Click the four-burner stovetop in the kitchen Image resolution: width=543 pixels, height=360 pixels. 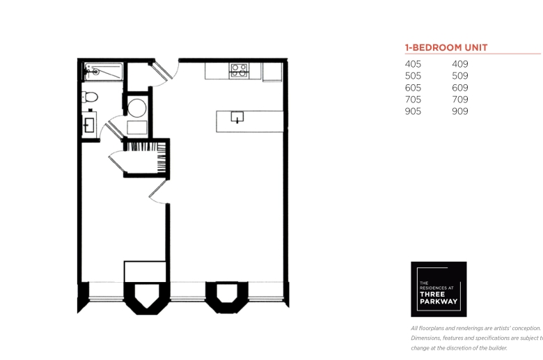tap(239, 70)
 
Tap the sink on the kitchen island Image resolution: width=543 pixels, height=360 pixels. tap(237, 117)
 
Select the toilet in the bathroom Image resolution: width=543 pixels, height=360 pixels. tap(90, 97)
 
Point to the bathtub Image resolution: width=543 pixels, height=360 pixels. tap(104, 72)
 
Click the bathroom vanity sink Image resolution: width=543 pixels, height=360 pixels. tap(89, 125)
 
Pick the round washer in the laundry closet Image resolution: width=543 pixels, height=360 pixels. tap(137, 108)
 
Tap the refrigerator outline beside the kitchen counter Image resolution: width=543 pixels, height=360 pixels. tap(272, 72)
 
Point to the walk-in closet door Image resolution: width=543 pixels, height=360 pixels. tap(116, 162)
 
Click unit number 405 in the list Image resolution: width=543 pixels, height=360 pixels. tap(413, 64)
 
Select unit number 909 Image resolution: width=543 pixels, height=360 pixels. tap(460, 111)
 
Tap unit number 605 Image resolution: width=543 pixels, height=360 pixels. tap(413, 88)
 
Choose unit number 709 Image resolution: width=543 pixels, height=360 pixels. tap(460, 100)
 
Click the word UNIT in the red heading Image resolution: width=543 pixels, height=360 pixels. tap(475, 47)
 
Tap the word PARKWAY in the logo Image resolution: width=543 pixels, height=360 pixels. tap(439, 302)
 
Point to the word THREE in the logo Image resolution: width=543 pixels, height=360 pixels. tap(432, 294)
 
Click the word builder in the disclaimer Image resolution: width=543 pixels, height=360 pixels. tap(498, 348)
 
